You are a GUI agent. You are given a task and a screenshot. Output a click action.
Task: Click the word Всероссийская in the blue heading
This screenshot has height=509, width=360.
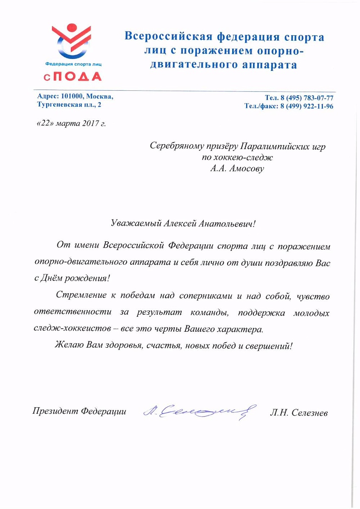pos(169,37)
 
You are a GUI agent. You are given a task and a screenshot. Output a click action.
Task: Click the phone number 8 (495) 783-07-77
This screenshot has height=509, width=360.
pos(306,98)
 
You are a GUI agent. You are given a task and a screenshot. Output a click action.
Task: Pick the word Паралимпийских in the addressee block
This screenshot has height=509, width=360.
pos(269,146)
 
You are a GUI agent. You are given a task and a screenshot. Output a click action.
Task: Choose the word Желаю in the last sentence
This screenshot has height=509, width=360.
pos(69,345)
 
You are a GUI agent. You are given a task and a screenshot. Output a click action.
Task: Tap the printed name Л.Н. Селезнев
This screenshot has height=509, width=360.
pos(299,412)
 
